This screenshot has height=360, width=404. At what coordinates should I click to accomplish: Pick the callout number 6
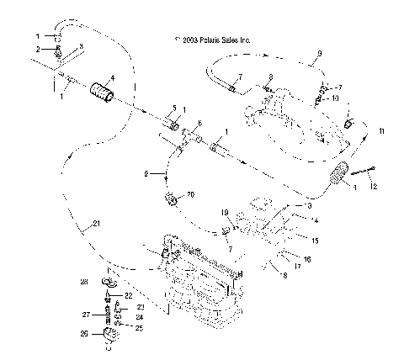tap(199, 124)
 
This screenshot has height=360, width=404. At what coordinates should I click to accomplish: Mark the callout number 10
tap(335, 98)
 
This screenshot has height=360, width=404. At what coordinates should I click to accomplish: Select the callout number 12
tap(375, 184)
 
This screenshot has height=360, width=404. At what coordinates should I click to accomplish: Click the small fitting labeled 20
tap(173, 201)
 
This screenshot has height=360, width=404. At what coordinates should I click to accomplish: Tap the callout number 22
tap(129, 295)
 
